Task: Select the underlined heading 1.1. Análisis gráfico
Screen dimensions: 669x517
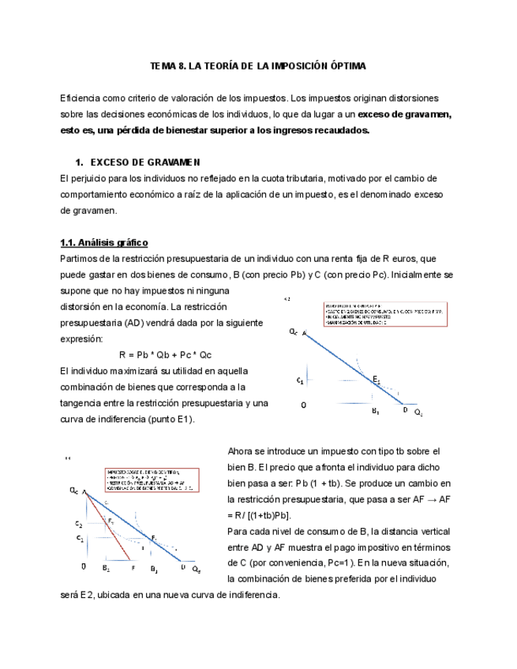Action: point(104,242)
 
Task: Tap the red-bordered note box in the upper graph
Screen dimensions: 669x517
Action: point(384,313)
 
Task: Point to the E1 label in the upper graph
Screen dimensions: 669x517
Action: point(377,379)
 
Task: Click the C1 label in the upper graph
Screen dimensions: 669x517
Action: point(300,381)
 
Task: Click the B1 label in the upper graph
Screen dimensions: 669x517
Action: point(376,411)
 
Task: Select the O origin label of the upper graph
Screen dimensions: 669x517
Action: point(304,405)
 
